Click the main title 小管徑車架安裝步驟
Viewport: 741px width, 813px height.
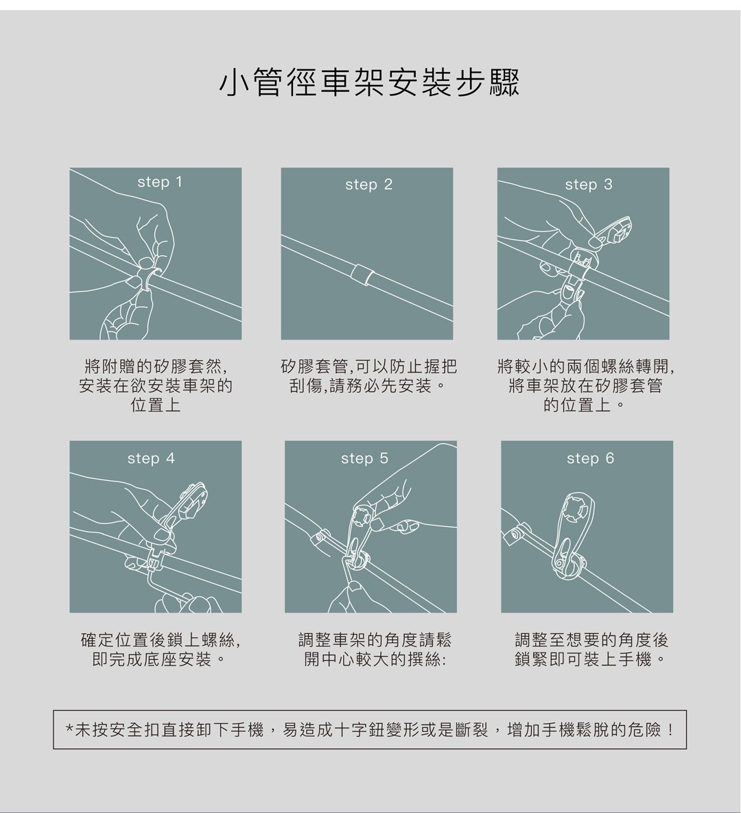369,82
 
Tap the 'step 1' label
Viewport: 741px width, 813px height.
160,182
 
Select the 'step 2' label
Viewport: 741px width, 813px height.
368,184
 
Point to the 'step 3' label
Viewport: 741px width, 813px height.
589,184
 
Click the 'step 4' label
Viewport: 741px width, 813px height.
151,458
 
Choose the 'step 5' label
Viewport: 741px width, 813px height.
364,458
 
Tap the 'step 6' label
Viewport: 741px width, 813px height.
590,458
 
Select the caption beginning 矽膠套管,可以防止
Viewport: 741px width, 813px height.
368,376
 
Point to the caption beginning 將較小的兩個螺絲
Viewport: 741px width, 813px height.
585,386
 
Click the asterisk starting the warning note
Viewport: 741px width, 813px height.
69,729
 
